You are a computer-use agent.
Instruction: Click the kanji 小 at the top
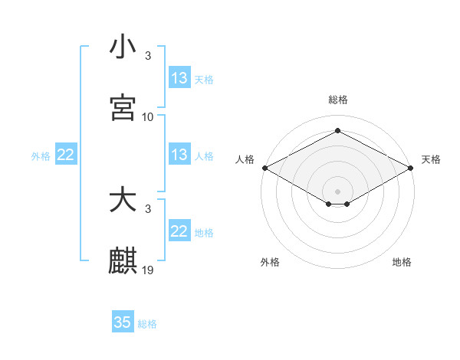tap(123, 47)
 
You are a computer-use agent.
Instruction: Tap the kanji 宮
tap(123, 107)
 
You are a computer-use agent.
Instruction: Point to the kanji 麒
tap(123, 260)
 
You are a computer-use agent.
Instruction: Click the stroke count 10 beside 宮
tap(148, 117)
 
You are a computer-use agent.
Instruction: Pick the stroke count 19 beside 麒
tap(148, 270)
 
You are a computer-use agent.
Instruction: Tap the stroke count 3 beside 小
tap(148, 56)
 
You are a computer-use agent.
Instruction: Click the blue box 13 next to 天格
tap(179, 78)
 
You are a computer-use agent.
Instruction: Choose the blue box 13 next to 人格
tap(179, 155)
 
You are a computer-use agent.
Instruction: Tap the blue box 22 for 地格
tap(179, 231)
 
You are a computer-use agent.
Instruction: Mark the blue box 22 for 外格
tap(66, 155)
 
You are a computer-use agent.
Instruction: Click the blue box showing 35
tap(123, 322)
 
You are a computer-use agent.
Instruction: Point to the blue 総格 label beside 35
tap(147, 324)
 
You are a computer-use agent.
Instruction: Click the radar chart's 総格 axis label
tap(338, 100)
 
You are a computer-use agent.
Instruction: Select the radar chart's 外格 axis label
tap(270, 262)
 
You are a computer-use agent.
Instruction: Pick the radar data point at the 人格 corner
tap(264, 168)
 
